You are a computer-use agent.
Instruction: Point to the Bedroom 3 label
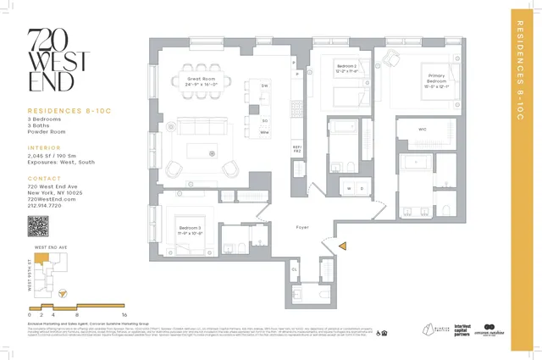190,230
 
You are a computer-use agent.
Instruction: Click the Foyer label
301,228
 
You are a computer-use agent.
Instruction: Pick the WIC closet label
421,130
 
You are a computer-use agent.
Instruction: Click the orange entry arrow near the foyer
344,246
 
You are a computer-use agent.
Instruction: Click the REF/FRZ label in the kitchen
296,149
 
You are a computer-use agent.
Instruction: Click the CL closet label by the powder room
295,270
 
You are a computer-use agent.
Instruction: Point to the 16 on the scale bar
124,314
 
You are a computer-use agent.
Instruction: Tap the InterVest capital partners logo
462,329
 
